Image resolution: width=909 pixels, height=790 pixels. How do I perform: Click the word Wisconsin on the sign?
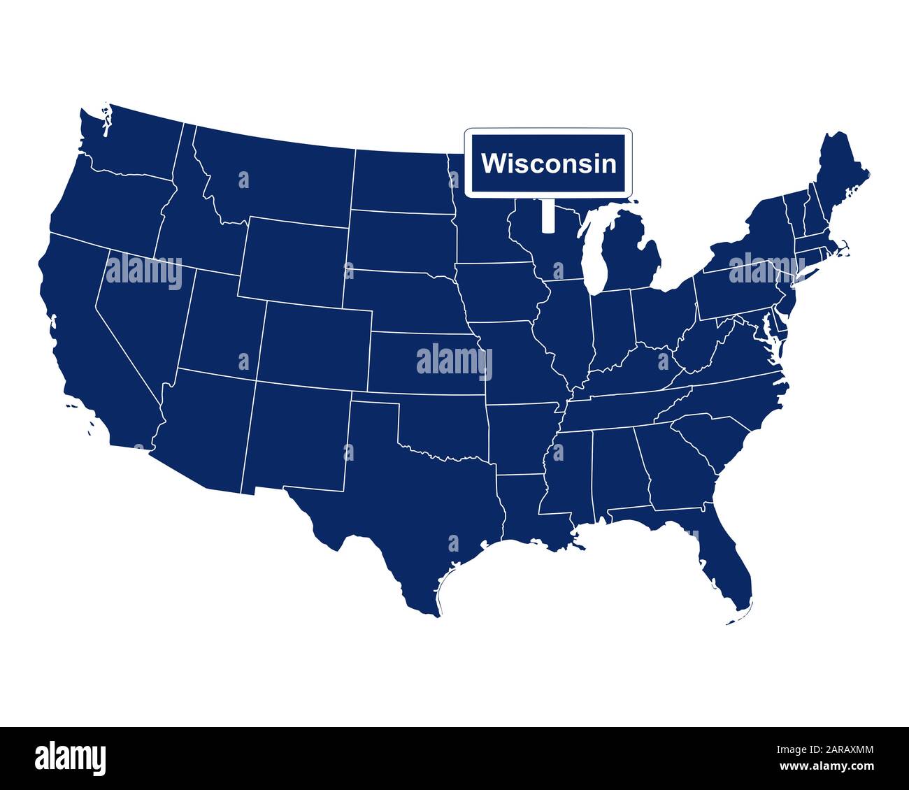(549, 164)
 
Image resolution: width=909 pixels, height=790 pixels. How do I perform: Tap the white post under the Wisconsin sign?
(547, 214)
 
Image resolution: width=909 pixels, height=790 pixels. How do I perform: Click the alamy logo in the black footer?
(71, 758)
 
